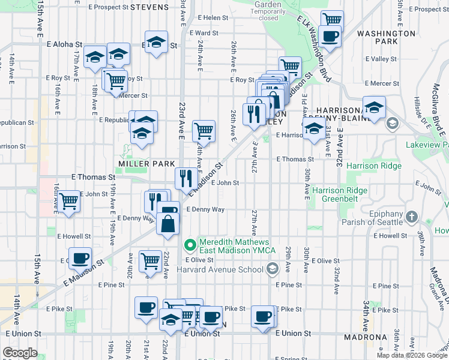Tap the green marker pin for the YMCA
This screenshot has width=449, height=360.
[x=190, y=245]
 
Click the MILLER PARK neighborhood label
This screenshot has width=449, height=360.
[x=146, y=164]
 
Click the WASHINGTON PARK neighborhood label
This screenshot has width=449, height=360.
[x=386, y=38]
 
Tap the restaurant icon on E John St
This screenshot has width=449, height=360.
[x=185, y=178]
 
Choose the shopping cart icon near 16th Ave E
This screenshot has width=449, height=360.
[x=69, y=201]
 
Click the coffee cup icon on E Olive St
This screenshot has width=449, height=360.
[x=79, y=259]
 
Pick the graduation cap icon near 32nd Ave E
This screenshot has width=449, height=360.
[x=374, y=108]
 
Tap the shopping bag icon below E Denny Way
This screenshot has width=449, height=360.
[x=167, y=224]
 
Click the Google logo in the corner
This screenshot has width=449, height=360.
[x=20, y=353]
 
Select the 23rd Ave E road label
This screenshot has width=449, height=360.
[x=181, y=121]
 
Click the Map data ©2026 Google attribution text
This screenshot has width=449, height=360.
[x=412, y=355]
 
